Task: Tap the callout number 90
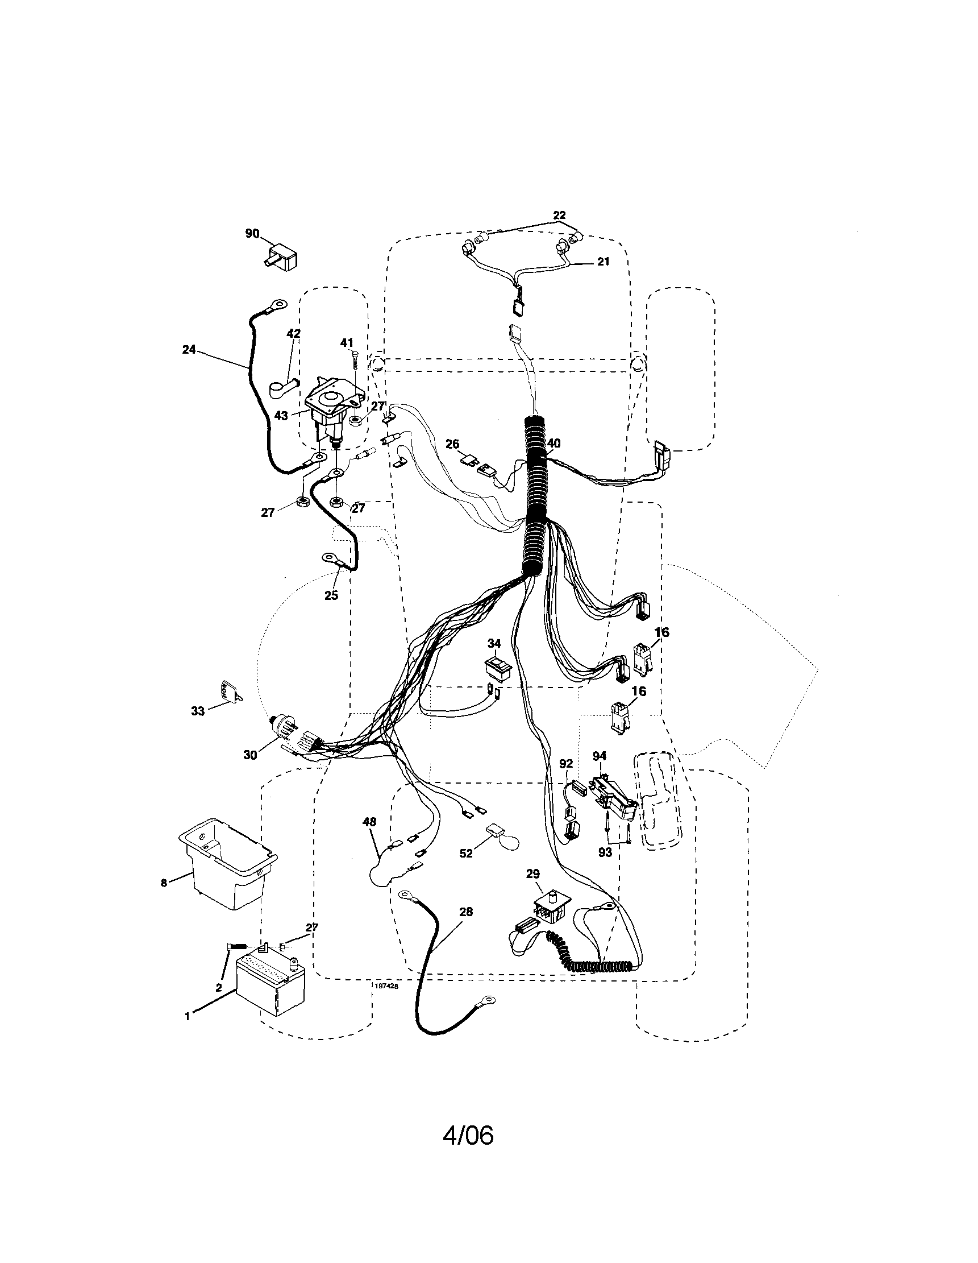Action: pos(252,234)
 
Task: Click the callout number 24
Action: pos(189,349)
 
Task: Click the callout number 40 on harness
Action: pos(553,444)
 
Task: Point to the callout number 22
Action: pos(559,215)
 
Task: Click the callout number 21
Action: pos(603,262)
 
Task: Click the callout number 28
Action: pos(466,912)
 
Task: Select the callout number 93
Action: pos(605,852)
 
